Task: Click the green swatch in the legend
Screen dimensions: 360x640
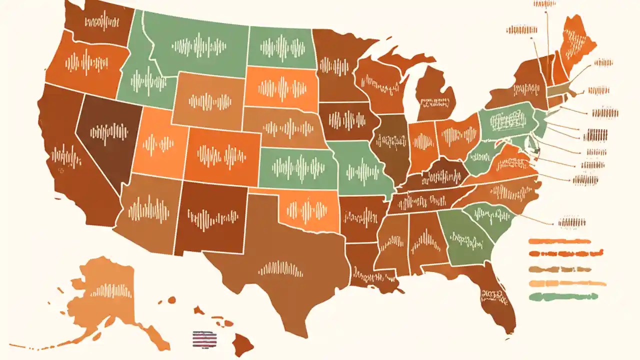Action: coord(563,296)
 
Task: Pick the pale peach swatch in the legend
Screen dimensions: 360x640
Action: coord(567,283)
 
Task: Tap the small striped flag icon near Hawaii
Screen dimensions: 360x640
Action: coord(205,338)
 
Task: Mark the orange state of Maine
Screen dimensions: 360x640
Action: coord(575,42)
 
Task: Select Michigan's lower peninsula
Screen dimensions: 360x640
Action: coord(435,95)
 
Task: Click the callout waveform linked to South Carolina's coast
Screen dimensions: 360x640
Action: coord(572,222)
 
